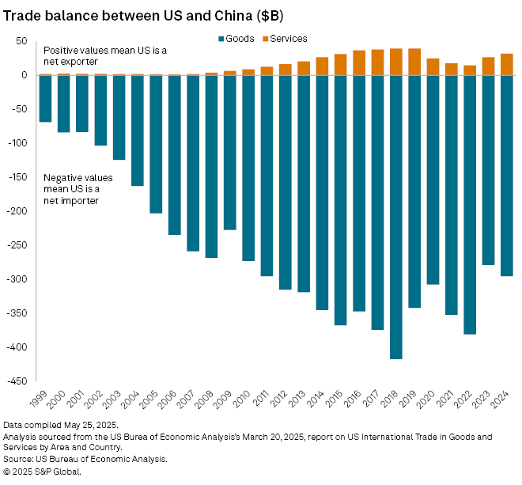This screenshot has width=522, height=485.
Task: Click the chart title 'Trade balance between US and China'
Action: click(x=143, y=16)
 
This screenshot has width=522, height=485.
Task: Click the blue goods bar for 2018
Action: click(x=395, y=217)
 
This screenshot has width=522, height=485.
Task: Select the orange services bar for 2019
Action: click(x=414, y=62)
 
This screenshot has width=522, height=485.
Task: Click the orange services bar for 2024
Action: click(x=506, y=64)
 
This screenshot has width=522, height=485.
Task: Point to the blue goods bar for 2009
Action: click(x=229, y=152)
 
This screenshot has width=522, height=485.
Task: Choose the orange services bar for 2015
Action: click(x=340, y=64)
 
